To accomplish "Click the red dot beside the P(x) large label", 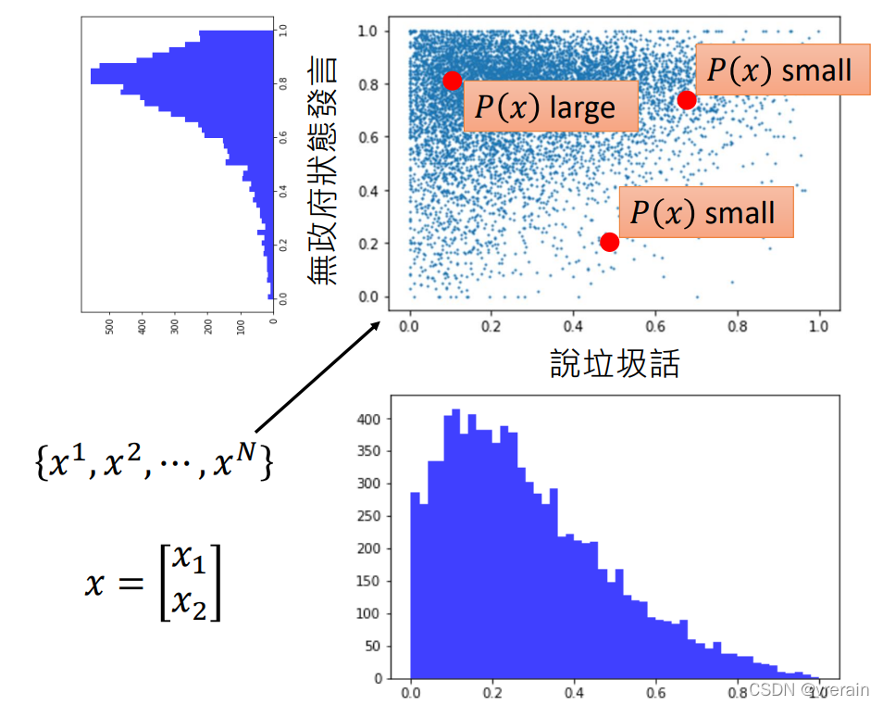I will tap(452, 81).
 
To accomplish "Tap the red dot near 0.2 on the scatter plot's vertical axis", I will tap(609, 242).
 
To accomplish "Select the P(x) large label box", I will tap(550, 107).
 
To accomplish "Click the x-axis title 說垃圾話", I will tap(615, 363).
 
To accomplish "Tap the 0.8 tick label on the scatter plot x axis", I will tap(737, 326).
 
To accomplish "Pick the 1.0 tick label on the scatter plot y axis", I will tap(368, 31).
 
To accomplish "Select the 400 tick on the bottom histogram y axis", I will tap(370, 419).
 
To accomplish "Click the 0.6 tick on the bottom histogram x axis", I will tap(656, 692).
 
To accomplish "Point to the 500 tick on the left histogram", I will tap(110, 326).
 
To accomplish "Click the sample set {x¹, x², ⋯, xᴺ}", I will tap(154, 460).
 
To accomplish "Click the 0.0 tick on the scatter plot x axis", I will tap(410, 326).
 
